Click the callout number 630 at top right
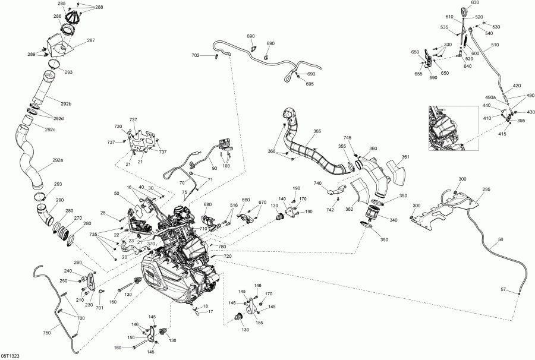(475, 3)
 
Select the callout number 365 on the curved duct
(317, 131)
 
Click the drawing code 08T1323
(10, 355)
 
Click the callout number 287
(91, 40)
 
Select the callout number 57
(502, 289)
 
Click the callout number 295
(486, 190)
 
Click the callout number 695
(310, 84)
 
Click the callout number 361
(405, 157)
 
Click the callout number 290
(60, 200)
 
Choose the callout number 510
(495, 45)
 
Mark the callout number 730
(118, 127)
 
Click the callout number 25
(102, 213)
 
